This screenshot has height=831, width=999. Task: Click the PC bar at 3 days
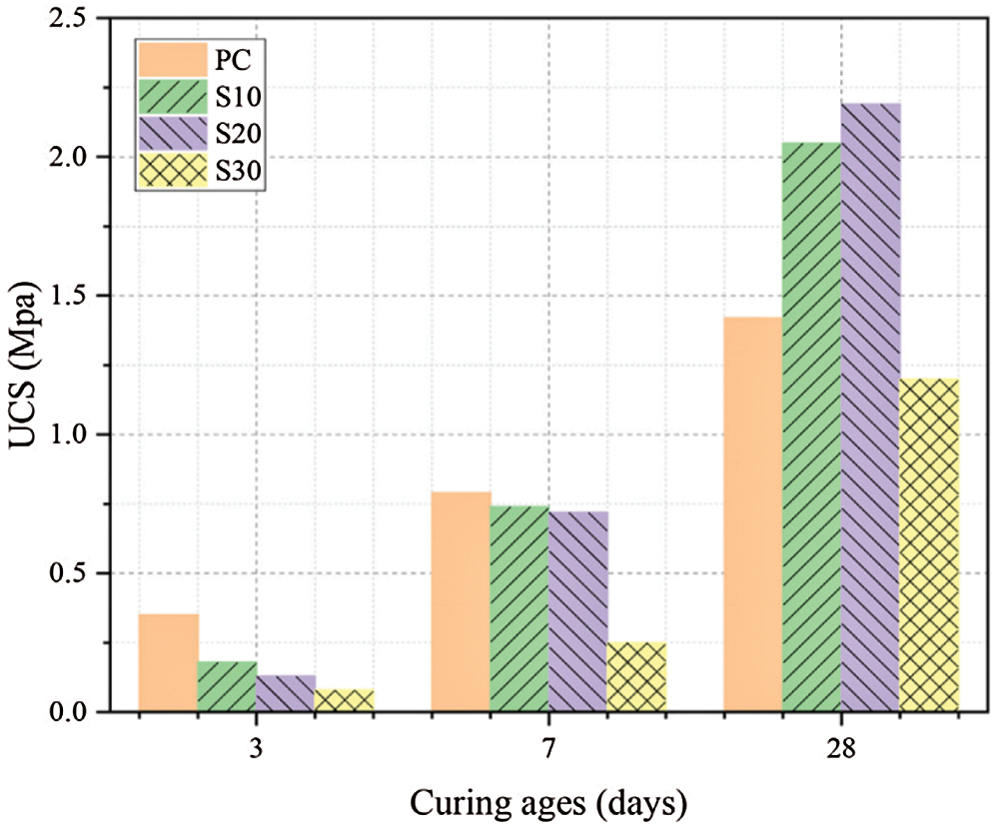click(168, 662)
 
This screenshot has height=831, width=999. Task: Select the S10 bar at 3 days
click(227, 686)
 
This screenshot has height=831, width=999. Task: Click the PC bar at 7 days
click(461, 601)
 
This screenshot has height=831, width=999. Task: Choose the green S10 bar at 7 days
click(519, 608)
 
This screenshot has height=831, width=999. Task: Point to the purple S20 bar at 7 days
click(578, 611)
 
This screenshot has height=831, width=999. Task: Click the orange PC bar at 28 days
click(753, 513)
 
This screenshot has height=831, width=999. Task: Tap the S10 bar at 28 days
click(811, 426)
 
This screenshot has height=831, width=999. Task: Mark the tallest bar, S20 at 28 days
click(870, 407)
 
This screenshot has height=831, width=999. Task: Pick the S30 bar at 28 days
click(929, 544)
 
